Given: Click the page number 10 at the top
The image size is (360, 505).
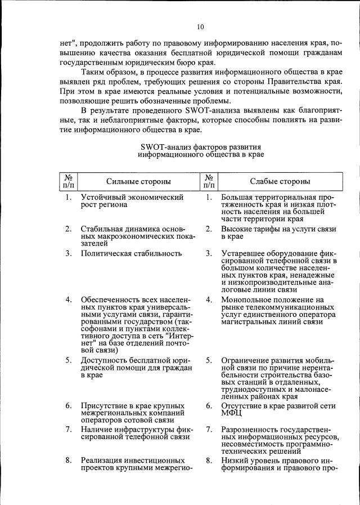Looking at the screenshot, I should coord(200,26).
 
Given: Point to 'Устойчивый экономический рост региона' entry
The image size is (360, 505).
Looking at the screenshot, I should coord(132,201).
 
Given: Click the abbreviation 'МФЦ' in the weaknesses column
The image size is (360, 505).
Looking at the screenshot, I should coord(231,413).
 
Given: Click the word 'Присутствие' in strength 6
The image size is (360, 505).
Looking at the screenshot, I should coord(105,405).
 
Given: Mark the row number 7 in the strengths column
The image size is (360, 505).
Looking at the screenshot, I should coord(68,430).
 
